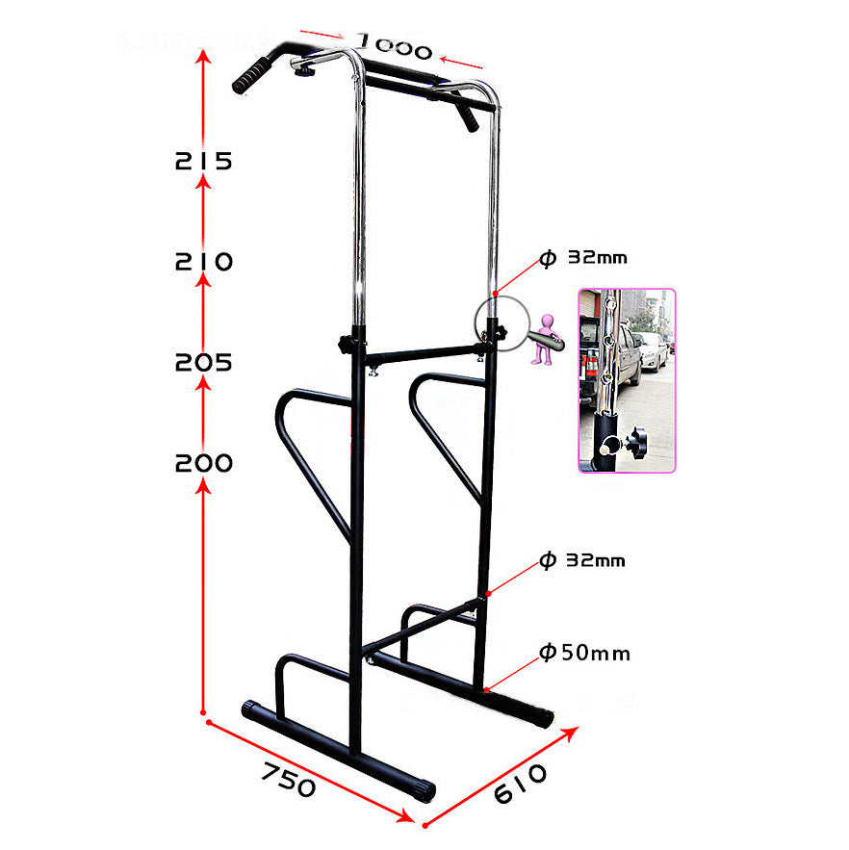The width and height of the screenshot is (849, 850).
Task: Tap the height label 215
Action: [x=204, y=161]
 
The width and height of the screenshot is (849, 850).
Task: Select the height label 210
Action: [x=204, y=261]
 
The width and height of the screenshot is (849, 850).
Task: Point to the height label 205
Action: [x=204, y=363]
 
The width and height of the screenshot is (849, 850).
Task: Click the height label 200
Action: [x=204, y=463]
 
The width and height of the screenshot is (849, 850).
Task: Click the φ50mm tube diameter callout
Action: [x=584, y=654]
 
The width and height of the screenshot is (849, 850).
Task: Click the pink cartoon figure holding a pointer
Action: [x=547, y=337]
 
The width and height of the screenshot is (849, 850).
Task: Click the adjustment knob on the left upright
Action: [x=344, y=344]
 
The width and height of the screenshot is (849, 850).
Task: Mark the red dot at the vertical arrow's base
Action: [x=204, y=713]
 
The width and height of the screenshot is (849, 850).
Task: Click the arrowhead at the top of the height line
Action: [x=204, y=56]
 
